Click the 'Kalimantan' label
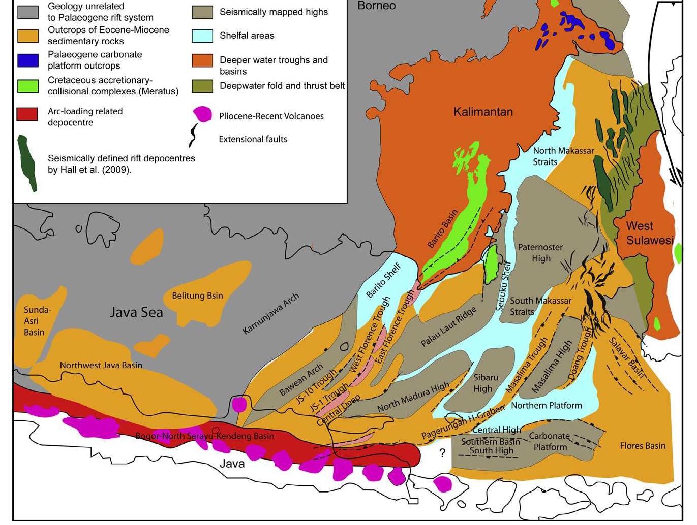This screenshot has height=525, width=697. (482, 112)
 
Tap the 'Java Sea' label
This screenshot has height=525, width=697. (136, 312)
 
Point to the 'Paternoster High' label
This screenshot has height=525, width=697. (540, 253)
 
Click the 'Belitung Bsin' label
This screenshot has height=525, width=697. (197, 296)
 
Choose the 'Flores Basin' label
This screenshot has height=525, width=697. (642, 446)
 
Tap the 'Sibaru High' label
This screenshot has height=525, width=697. (485, 383)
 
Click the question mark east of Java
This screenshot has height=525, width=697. (442, 453)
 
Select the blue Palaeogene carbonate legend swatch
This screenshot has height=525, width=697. (28, 60)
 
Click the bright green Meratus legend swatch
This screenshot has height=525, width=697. (28, 86)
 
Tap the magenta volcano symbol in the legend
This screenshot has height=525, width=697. (202, 114)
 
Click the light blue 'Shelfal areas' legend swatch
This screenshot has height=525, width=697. (202, 36)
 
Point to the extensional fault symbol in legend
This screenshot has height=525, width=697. (194, 135)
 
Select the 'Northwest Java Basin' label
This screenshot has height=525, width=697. (101, 365)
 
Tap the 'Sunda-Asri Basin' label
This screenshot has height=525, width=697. (35, 321)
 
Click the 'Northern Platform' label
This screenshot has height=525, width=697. (546, 405)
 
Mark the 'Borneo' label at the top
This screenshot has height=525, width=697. (376, 6)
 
